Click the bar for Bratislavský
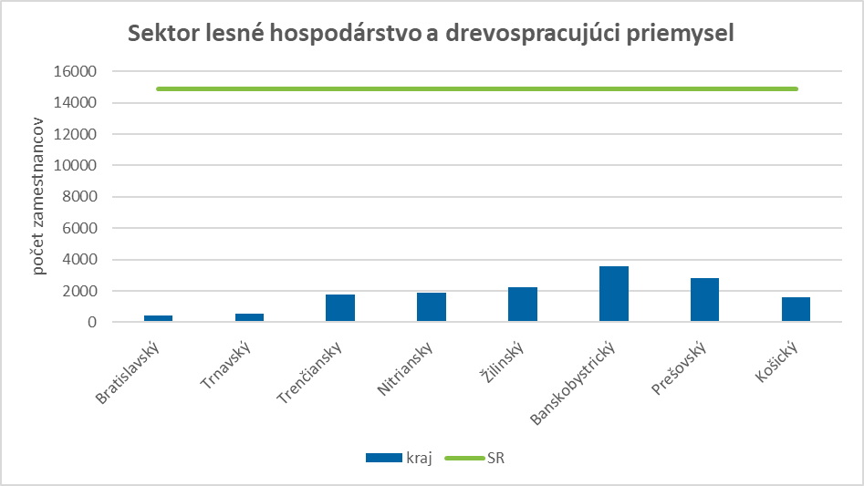(x=158, y=318)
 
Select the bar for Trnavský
(x=249, y=317)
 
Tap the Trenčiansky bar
(x=340, y=308)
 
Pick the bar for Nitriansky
(x=432, y=307)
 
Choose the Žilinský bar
(x=523, y=305)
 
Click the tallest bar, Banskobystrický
(x=614, y=294)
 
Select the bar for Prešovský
(x=705, y=300)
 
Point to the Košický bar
(x=796, y=310)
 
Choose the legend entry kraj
(x=399, y=458)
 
